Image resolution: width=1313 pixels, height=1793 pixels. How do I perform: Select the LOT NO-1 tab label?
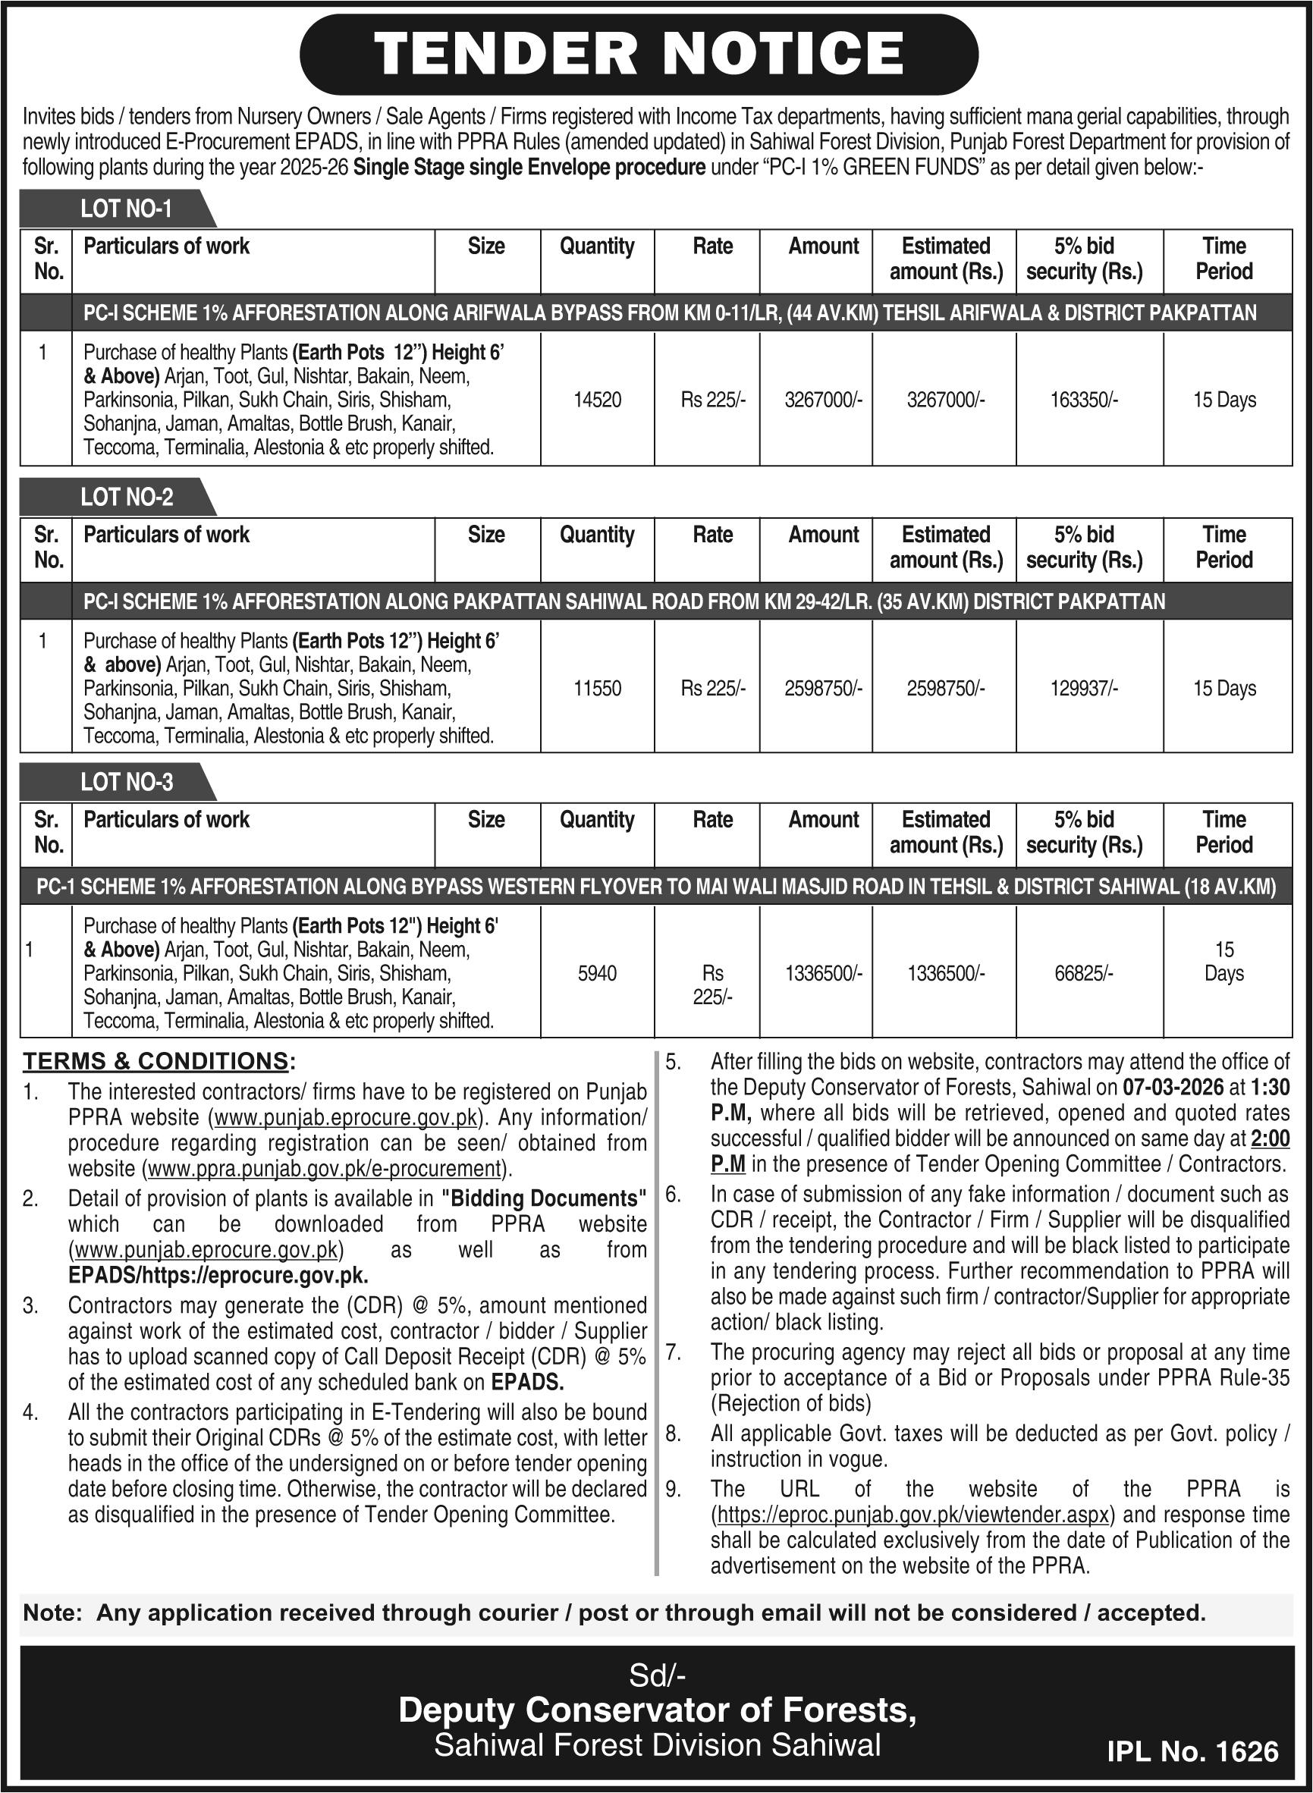[x=126, y=209]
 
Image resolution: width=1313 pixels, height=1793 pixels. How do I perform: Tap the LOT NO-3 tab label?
[x=127, y=782]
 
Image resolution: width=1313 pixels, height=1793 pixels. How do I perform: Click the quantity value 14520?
[x=597, y=400]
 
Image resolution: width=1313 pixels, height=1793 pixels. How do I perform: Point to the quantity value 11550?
[x=597, y=688]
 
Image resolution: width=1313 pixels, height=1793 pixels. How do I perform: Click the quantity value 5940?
[x=597, y=973]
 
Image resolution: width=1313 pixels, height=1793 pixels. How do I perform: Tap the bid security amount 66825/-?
[x=1083, y=973]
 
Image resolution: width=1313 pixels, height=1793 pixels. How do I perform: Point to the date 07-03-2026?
[x=1161, y=1087]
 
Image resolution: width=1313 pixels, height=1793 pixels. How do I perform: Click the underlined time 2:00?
[x=1269, y=1139]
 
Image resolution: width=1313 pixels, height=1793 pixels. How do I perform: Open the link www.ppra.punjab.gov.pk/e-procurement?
[x=326, y=1169]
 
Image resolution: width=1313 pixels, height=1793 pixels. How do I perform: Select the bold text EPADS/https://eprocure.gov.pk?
[x=218, y=1276]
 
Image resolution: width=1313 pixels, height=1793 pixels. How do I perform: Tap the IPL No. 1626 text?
[x=1192, y=1752]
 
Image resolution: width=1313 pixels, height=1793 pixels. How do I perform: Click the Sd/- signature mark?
[x=657, y=1676]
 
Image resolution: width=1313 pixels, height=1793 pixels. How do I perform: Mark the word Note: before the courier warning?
[x=52, y=1612]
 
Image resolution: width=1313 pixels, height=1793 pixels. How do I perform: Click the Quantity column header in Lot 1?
[x=597, y=246]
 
